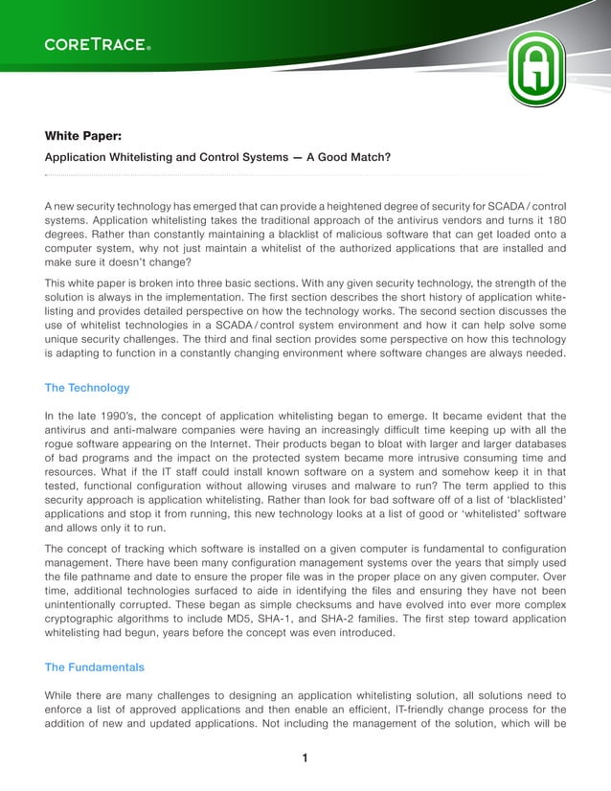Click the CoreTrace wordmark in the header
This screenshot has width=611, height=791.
click(97, 44)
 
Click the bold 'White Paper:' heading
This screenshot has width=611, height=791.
click(80, 136)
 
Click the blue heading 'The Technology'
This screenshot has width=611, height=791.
click(87, 388)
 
